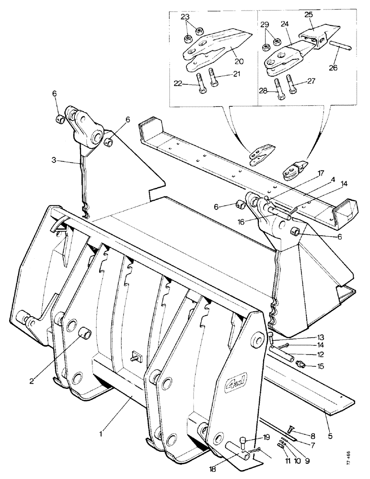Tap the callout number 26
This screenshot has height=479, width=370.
[x=333, y=68]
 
